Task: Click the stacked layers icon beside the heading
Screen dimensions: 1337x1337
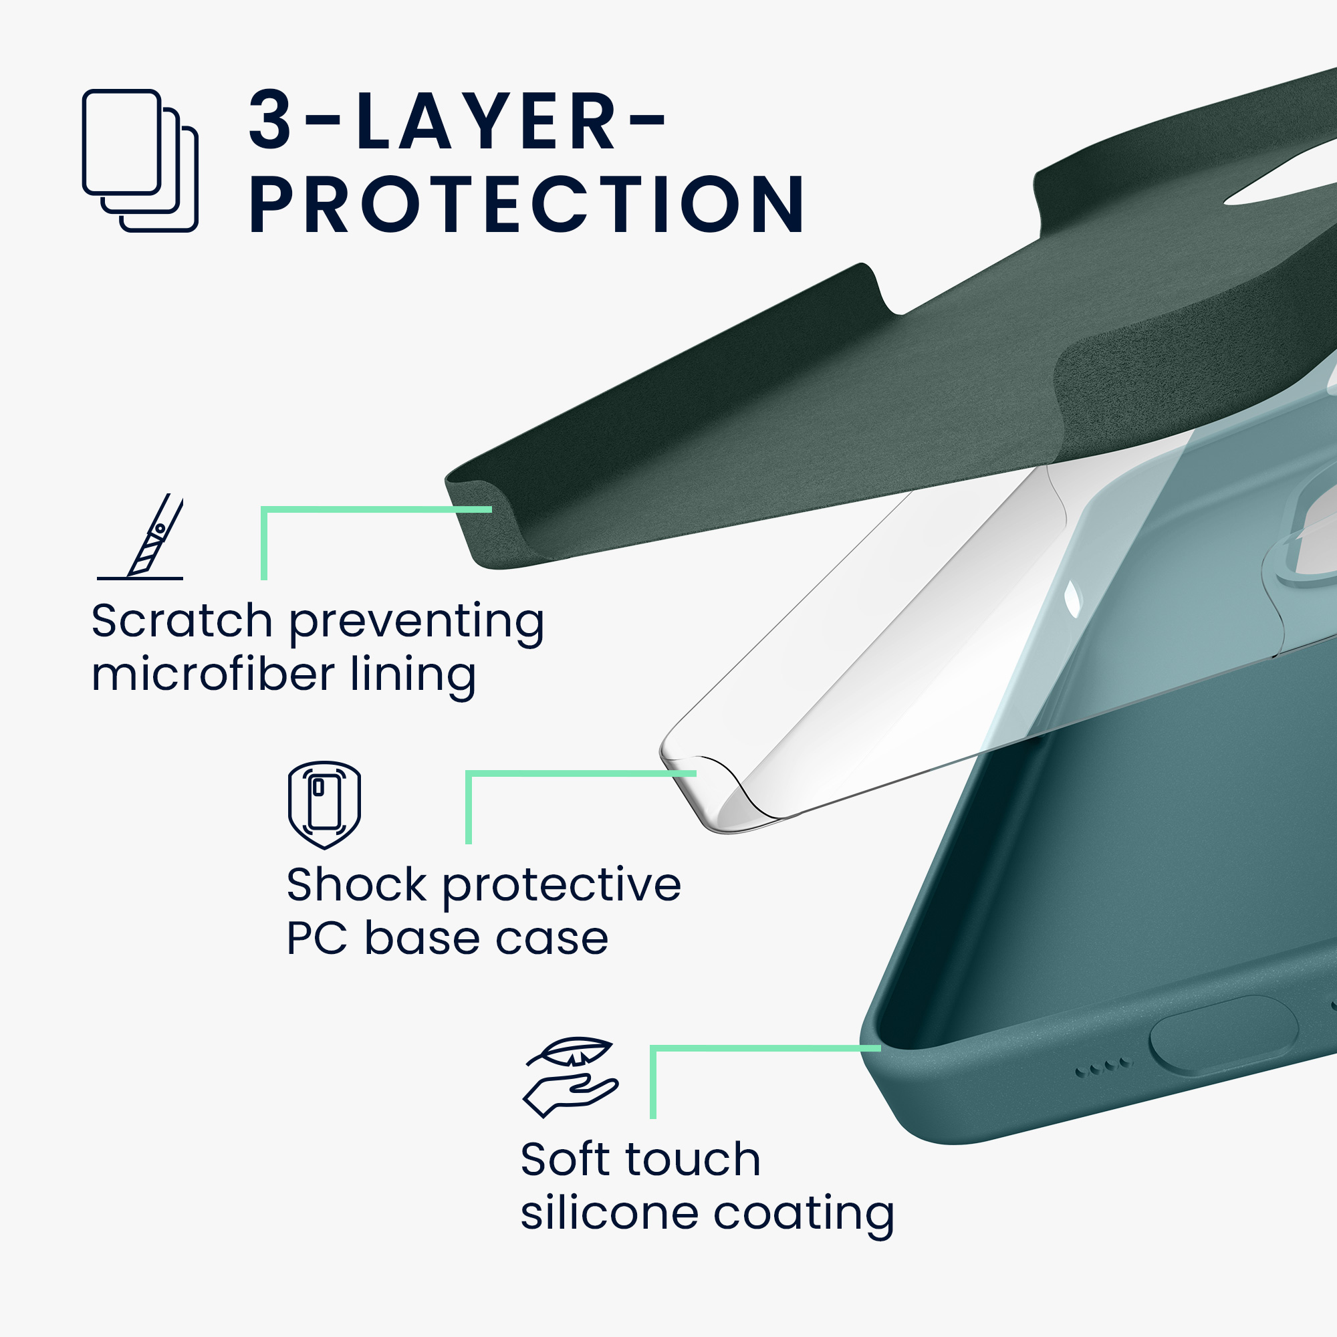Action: (x=140, y=160)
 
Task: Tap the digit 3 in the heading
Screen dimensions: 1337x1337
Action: (x=270, y=120)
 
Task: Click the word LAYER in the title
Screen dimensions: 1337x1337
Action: (x=485, y=120)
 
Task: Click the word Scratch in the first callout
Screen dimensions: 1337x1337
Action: (x=182, y=621)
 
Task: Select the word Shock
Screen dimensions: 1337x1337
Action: (x=356, y=885)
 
